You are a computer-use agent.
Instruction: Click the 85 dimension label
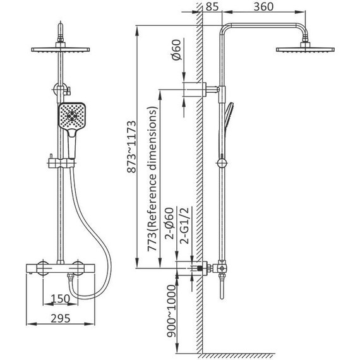212,7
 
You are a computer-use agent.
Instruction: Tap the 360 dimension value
263,7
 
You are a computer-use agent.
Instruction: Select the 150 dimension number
60,299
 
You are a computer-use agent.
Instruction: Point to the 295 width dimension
61,318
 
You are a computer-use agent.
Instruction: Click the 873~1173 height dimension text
132,147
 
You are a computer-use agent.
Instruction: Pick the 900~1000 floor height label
171,311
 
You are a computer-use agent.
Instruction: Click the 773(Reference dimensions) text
152,179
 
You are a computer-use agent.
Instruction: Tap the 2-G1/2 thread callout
184,225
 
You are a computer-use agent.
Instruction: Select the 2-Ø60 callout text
169,224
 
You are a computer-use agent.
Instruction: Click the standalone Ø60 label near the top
176,50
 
